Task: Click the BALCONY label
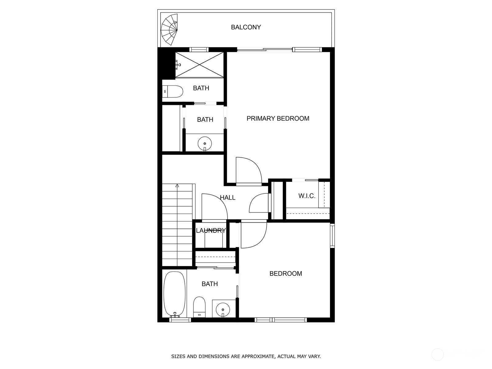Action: [246, 27]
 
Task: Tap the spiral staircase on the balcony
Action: [169, 29]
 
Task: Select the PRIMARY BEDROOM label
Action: [278, 118]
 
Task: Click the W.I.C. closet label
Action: [307, 196]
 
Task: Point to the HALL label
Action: [228, 197]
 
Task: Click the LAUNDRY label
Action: [211, 230]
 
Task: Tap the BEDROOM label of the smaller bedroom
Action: [286, 273]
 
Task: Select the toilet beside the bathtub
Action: [199, 307]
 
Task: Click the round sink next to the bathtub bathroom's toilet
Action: [223, 309]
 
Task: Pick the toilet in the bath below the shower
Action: [173, 91]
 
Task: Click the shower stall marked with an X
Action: [199, 65]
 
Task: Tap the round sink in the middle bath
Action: [205, 144]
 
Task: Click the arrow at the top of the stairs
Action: [177, 186]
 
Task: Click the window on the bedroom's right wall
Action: [332, 236]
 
